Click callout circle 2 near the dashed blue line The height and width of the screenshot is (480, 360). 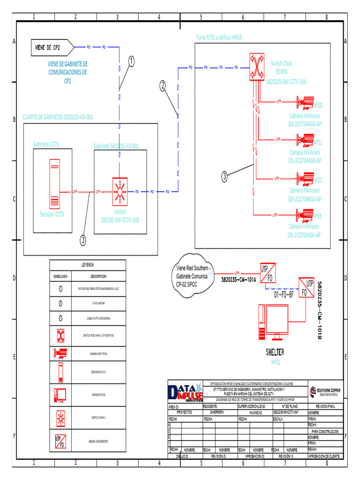pos(163,85)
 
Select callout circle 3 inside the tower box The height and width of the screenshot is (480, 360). pos(225,176)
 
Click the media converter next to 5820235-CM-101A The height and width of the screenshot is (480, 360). pos(267,273)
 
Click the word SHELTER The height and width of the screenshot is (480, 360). pos(275,352)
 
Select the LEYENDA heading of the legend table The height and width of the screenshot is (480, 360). pos(88,265)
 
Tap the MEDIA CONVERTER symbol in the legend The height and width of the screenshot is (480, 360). pos(61,441)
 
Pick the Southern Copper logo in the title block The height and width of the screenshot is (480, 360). pos(325,391)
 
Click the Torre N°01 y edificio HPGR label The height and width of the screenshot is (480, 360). pos(218,37)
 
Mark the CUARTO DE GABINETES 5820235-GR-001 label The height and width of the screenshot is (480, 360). pos(58,117)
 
